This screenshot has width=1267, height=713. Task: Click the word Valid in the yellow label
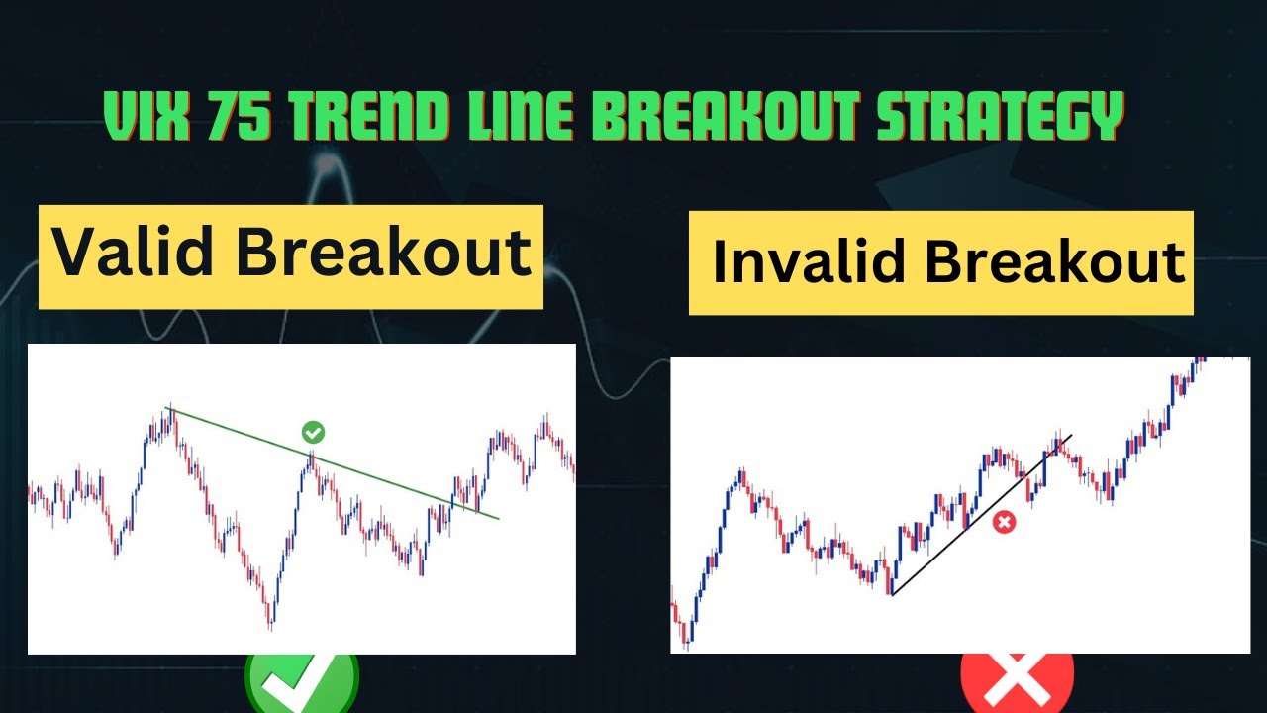[x=135, y=255]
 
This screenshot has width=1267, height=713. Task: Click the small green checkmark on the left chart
[x=313, y=432]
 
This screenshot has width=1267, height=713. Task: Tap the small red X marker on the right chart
[x=1004, y=522]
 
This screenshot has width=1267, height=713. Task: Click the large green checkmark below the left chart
[x=302, y=683]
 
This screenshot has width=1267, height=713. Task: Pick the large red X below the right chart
[x=1017, y=684]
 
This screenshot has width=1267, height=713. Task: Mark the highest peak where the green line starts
[x=169, y=411]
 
